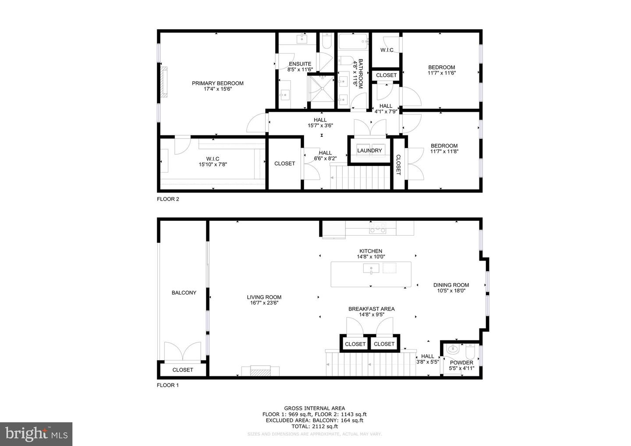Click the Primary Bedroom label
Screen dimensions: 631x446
tap(217, 83)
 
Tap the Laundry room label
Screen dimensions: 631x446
tap(369, 151)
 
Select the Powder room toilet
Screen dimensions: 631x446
tap(470, 351)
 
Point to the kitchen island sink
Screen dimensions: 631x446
tap(371, 268)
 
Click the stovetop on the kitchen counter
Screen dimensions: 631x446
tap(378, 228)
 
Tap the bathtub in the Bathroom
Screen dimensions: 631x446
tap(354, 42)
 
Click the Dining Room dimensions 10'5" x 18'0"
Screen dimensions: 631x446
tap(451, 290)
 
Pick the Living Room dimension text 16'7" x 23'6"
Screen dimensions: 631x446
tap(264, 303)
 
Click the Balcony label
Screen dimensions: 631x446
tap(184, 293)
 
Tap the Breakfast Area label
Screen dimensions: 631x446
tap(371, 309)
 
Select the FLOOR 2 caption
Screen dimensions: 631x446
tap(168, 199)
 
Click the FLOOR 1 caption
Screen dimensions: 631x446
tap(167, 385)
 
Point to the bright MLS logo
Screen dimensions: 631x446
tap(36, 434)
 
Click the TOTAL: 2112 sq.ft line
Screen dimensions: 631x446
tap(314, 426)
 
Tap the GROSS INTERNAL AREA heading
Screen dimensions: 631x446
tap(314, 408)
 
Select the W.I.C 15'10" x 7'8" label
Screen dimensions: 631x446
tap(213, 162)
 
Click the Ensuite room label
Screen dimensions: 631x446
tap(300, 64)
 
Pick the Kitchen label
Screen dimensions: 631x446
tap(371, 251)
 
